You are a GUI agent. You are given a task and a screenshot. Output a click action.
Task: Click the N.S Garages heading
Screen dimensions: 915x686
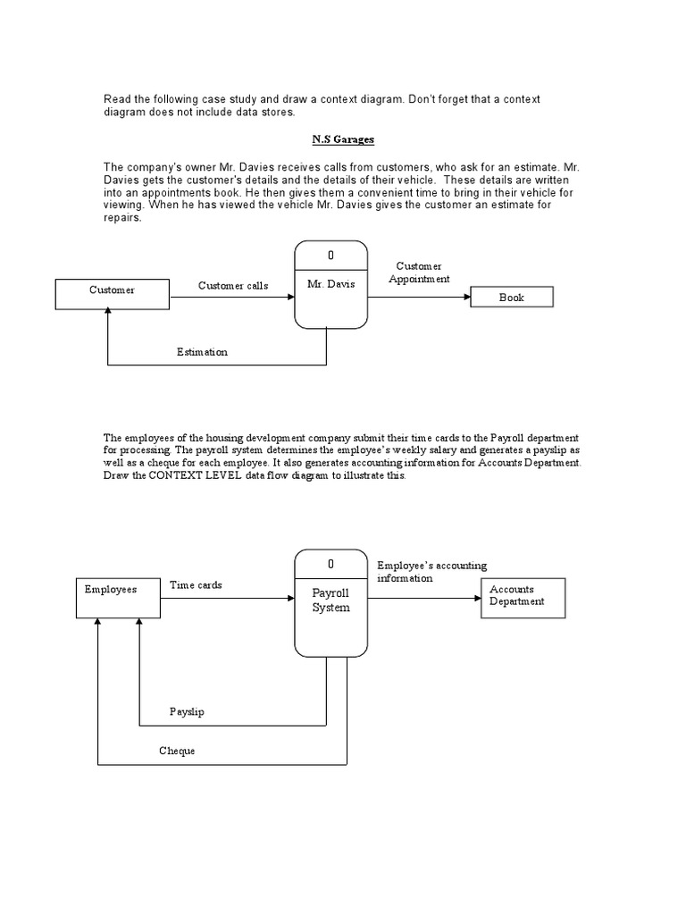pyautogui.click(x=342, y=140)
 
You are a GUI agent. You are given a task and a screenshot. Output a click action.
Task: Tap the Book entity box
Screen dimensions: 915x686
pyautogui.click(x=512, y=298)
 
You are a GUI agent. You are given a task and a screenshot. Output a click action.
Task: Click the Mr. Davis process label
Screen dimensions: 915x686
pyautogui.click(x=330, y=284)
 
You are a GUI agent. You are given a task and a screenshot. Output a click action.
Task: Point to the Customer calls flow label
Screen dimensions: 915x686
pyautogui.click(x=232, y=286)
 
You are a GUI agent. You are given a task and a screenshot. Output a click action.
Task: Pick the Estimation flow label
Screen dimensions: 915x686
pyautogui.click(x=202, y=352)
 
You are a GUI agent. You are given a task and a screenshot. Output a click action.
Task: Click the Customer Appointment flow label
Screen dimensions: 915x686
pyautogui.click(x=419, y=273)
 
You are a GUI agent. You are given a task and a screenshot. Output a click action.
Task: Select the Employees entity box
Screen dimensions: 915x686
pyautogui.click(x=117, y=598)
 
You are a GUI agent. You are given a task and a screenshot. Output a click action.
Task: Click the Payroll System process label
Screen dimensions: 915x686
pyautogui.click(x=330, y=600)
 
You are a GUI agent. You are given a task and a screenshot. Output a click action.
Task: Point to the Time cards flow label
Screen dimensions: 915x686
pyautogui.click(x=196, y=585)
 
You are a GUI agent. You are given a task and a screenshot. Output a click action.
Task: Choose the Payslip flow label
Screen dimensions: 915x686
pyautogui.click(x=187, y=712)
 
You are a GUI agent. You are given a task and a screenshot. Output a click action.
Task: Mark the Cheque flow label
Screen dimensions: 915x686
pyautogui.click(x=177, y=751)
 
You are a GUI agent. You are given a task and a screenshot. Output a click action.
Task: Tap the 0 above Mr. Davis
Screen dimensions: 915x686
pyautogui.click(x=330, y=256)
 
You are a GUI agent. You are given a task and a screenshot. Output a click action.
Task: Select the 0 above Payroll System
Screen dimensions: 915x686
pyautogui.click(x=330, y=564)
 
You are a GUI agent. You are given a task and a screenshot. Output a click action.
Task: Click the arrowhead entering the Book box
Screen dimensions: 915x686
pyautogui.click(x=466, y=298)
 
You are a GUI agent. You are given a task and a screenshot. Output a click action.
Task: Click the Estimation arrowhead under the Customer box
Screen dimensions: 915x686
pyautogui.click(x=108, y=312)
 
